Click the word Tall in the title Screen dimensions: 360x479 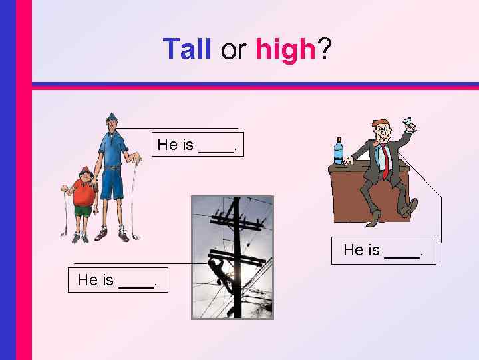186,49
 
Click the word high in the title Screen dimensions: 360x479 284,49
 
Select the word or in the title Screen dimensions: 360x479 233,51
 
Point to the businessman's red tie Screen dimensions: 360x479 384,161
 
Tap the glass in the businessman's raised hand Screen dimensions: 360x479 409,124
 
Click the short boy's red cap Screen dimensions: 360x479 84,170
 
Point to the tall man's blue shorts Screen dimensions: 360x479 112,183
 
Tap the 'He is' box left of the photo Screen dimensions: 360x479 118,280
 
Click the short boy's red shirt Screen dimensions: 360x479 84,193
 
